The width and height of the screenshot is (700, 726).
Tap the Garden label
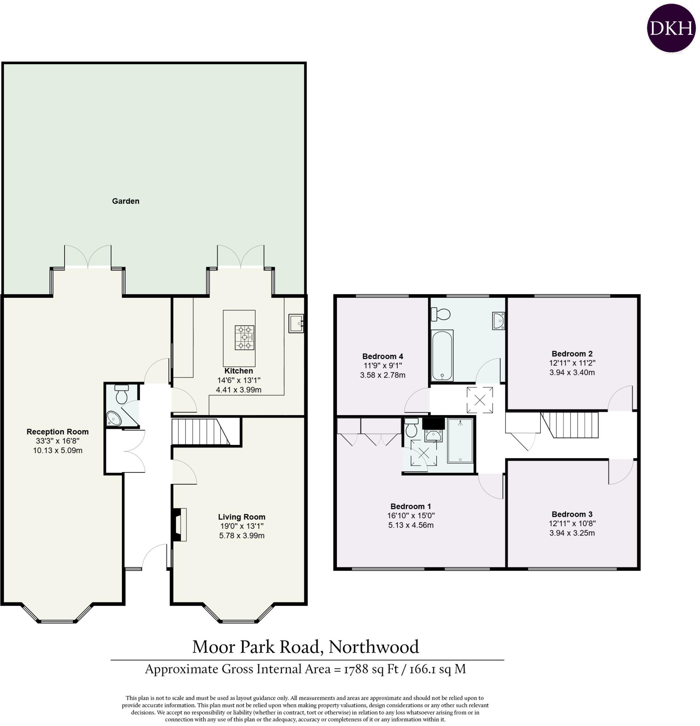126,201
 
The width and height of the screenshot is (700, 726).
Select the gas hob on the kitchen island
244,337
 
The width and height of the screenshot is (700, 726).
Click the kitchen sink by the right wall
296,323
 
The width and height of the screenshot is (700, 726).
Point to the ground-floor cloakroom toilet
121,395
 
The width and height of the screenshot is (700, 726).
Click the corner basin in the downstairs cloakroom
114,419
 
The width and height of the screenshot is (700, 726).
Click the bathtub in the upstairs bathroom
442,355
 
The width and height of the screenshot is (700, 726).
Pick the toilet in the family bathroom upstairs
440,314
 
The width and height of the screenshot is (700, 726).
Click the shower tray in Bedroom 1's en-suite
460,440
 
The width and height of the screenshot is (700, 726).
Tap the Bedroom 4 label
382,356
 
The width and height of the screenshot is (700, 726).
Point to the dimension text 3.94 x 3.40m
572,373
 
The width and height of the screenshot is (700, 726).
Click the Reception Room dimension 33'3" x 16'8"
57,441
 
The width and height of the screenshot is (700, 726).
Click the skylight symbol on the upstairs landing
479,400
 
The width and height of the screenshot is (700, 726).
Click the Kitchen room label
238,371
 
